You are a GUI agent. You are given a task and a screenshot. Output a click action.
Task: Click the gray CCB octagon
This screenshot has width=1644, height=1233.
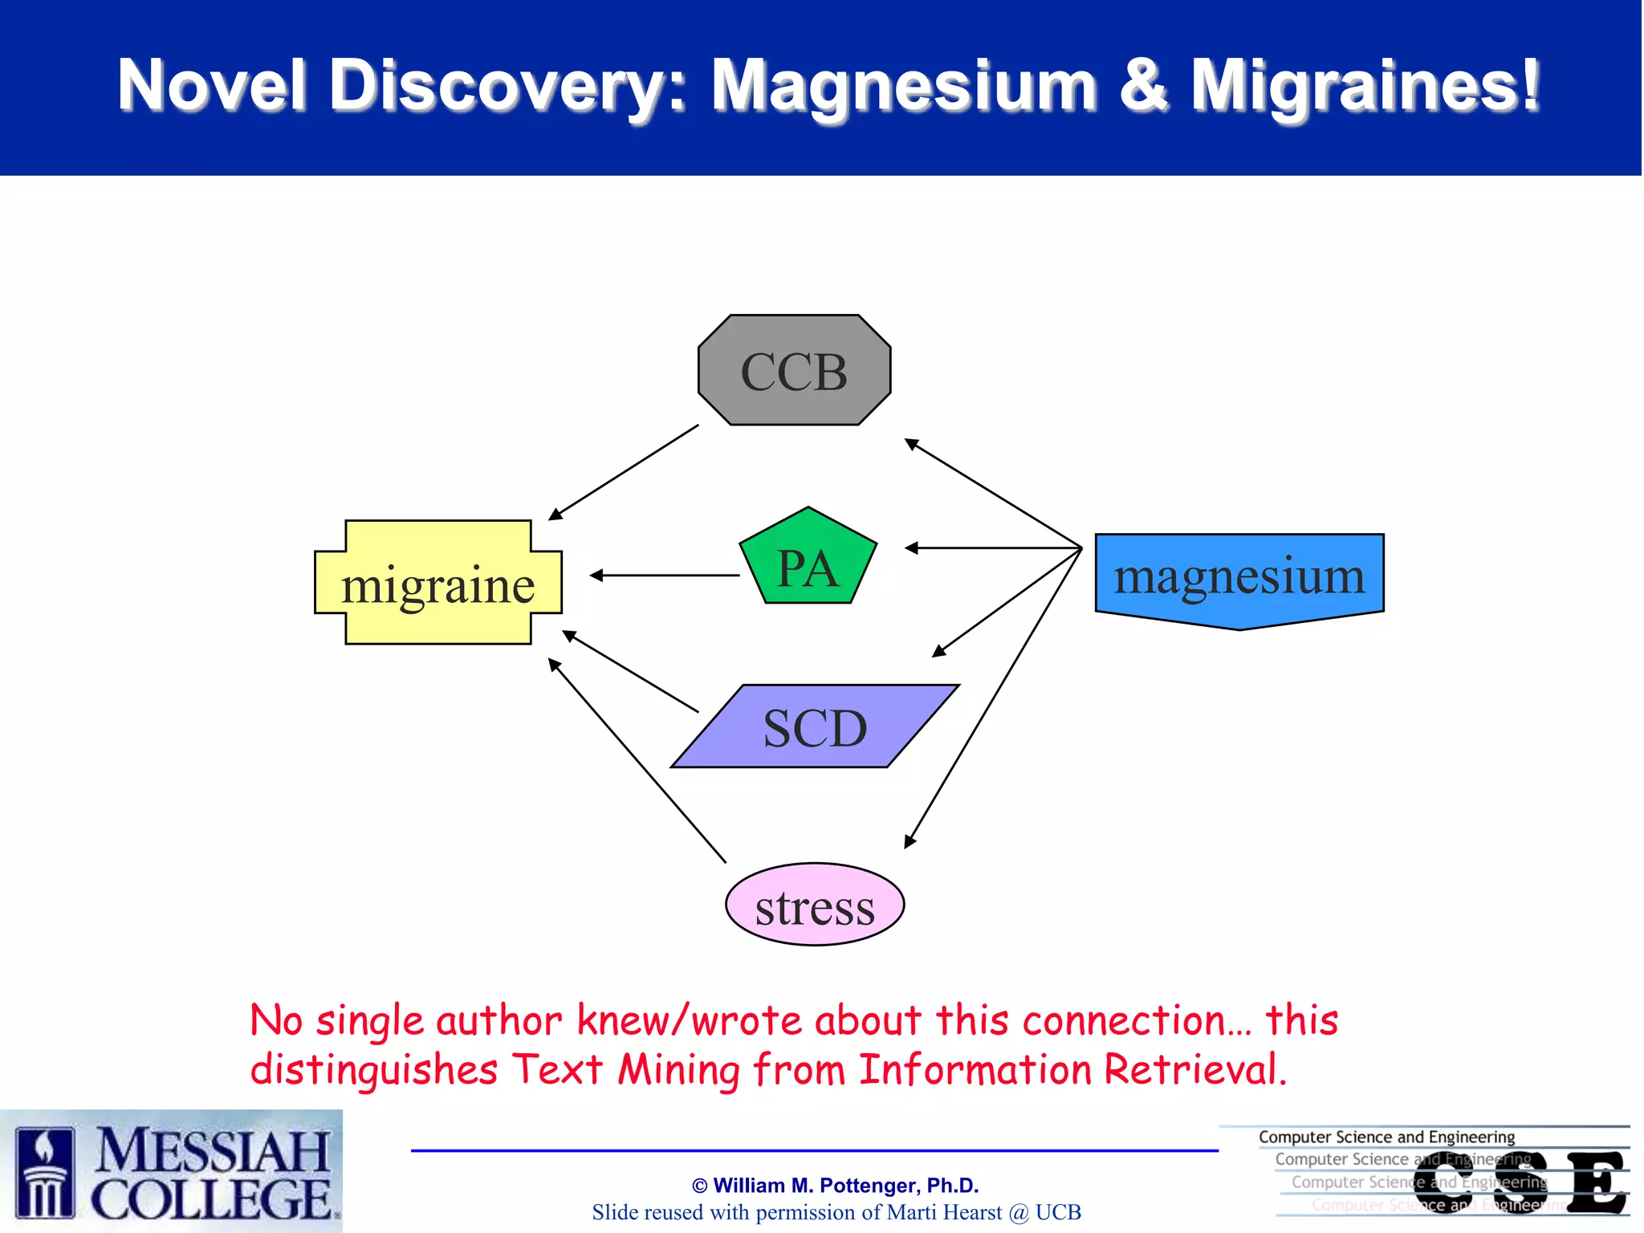[794, 370]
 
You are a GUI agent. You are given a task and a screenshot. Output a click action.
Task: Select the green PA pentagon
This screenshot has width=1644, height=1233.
[808, 562]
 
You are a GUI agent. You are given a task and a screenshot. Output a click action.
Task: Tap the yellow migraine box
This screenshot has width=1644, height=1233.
[438, 583]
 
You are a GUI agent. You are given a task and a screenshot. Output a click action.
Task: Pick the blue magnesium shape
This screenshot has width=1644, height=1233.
[1239, 576]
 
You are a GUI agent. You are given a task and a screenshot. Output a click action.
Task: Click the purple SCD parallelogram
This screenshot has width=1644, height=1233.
[815, 726]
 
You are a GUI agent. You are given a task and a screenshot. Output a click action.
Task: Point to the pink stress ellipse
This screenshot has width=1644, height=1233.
[815, 905]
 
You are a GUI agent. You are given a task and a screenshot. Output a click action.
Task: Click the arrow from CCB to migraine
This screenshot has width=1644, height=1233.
[624, 472]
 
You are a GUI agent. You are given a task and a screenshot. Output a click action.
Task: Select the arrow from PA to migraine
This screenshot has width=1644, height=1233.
[665, 576]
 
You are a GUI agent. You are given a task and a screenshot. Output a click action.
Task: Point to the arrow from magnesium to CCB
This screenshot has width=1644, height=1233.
[993, 493]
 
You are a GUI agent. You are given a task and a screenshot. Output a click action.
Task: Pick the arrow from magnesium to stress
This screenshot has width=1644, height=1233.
[993, 698]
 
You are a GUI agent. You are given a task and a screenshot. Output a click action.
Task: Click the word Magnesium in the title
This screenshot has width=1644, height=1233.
[905, 86]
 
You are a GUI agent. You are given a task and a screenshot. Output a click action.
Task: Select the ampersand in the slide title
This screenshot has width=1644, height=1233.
[1143, 86]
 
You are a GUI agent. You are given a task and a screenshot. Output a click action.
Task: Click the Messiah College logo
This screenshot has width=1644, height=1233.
[171, 1171]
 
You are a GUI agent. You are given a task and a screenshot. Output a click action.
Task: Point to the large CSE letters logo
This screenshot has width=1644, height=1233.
[1520, 1182]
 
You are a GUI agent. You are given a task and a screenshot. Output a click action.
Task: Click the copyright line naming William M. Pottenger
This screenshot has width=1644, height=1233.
[835, 1186]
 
